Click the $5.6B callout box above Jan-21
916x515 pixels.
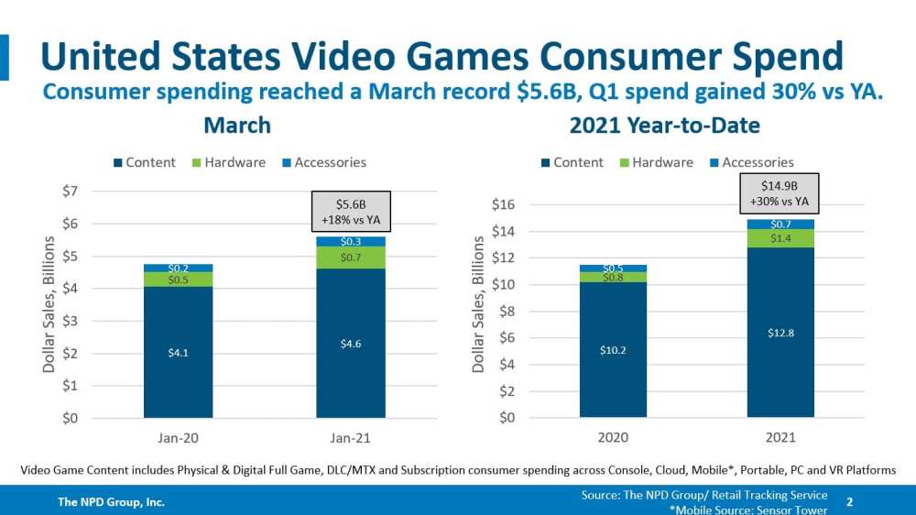coord(352,210)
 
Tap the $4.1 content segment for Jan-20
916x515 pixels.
coord(178,352)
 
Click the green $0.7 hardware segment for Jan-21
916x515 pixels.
coord(352,257)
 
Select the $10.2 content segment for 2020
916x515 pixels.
coord(613,349)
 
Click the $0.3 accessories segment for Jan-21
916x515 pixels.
coord(352,241)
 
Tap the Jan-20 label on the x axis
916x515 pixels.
coord(178,439)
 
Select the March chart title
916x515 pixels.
coord(237,125)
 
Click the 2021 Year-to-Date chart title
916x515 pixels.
coord(665,125)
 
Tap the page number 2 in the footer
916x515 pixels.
coord(850,502)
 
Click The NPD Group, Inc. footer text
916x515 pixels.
coord(112,502)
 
